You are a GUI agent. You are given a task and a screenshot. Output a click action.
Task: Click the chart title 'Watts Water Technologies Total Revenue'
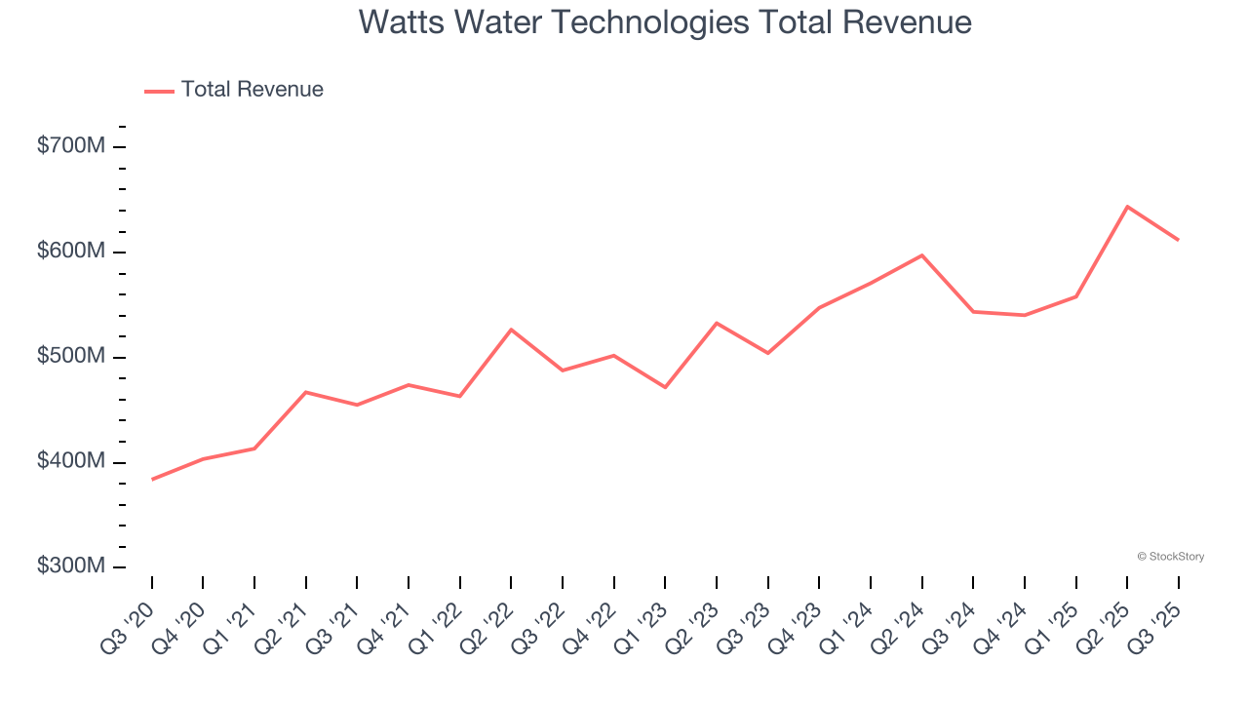click(665, 21)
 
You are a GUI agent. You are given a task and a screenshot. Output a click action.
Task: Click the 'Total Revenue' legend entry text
click(252, 90)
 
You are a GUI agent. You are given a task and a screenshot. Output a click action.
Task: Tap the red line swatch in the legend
click(159, 91)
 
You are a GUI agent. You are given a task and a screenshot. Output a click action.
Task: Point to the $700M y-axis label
click(70, 146)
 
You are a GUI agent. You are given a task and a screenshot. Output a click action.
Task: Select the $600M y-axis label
click(70, 252)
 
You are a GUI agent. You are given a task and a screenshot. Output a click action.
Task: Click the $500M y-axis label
click(70, 357)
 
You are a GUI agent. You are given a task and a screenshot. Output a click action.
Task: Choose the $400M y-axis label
click(70, 461)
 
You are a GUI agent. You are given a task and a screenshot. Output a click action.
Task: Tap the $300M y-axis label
click(70, 566)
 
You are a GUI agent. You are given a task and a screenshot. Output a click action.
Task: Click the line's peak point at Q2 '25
click(1127, 207)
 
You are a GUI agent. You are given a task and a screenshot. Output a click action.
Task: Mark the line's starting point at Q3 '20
click(152, 480)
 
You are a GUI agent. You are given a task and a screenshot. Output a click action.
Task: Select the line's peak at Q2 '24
click(921, 255)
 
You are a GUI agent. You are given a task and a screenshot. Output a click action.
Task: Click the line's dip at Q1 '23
click(665, 387)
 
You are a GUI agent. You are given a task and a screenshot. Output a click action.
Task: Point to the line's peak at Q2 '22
click(511, 330)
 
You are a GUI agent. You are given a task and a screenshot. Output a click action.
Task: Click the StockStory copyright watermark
click(1170, 557)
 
